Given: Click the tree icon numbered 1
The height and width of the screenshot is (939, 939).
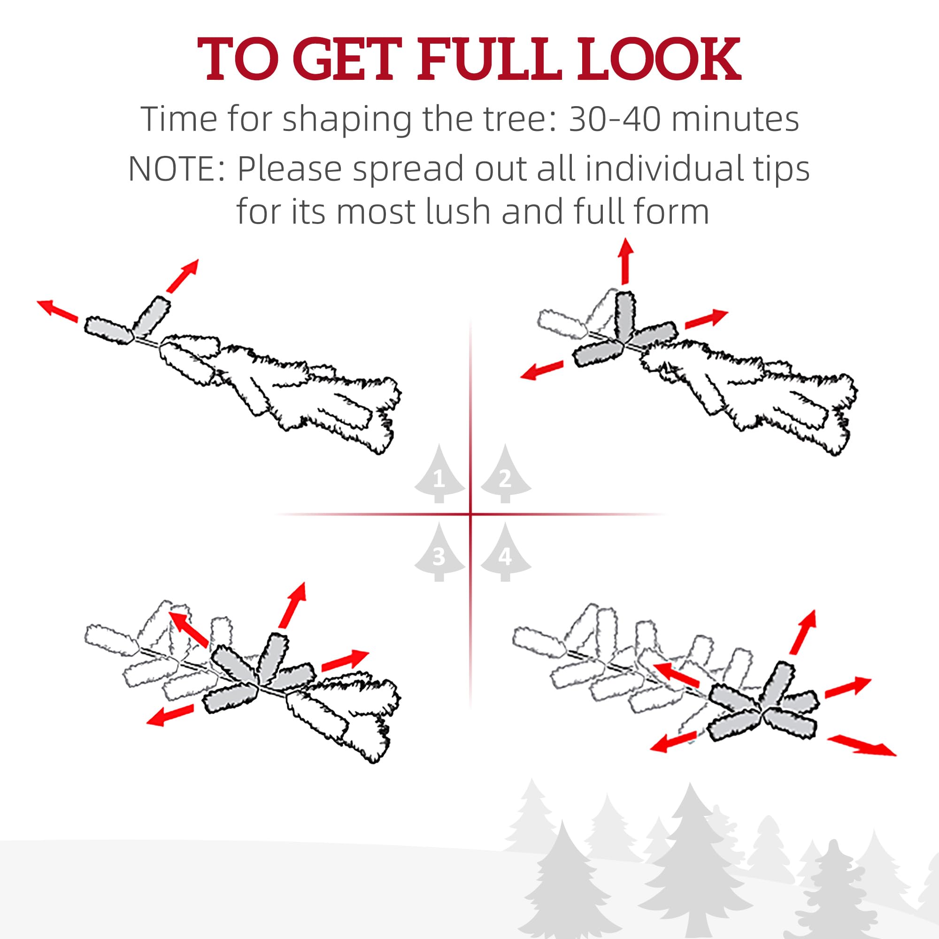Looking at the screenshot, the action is click(x=439, y=473).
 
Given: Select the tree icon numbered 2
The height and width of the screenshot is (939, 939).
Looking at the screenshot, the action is click(x=506, y=473).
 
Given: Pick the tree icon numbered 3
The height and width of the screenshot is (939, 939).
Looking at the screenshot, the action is click(x=439, y=552).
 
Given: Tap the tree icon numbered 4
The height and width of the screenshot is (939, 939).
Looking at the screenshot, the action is click(x=506, y=552).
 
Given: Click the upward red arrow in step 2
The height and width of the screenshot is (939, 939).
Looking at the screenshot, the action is click(x=626, y=261).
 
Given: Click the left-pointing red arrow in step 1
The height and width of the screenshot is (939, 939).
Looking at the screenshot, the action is click(x=57, y=310).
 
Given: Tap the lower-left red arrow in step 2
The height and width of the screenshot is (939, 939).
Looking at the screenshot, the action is click(x=542, y=370).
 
